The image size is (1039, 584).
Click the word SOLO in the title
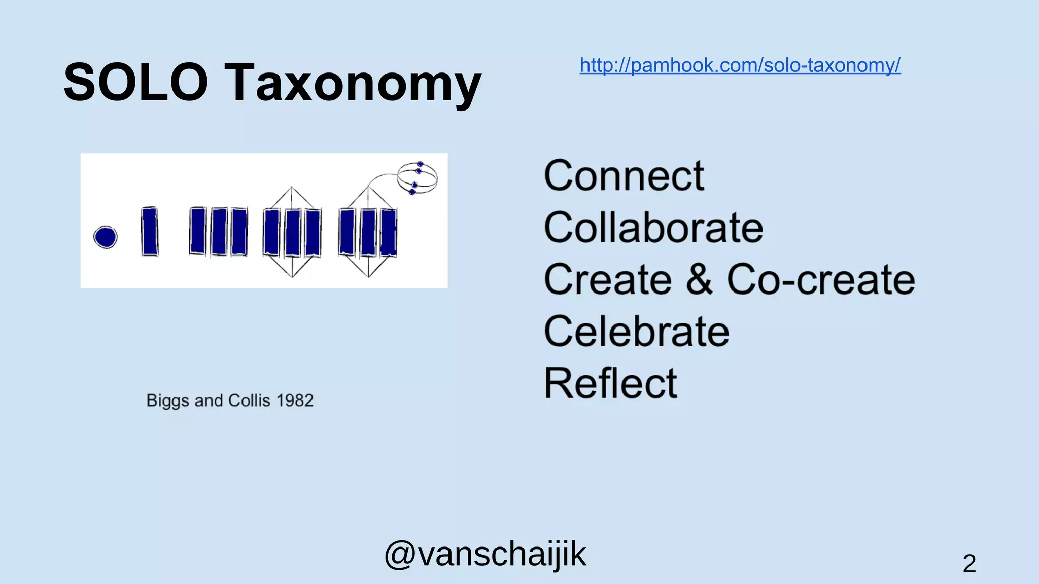(x=135, y=82)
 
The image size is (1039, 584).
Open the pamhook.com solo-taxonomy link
(x=740, y=65)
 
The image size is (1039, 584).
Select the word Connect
(x=624, y=176)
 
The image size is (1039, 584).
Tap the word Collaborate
(x=653, y=228)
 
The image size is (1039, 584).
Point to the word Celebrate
(x=636, y=332)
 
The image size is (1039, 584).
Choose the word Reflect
(x=610, y=383)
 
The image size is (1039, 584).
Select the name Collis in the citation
(x=249, y=400)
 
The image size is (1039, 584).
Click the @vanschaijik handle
(x=485, y=554)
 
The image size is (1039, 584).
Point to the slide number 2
(x=969, y=564)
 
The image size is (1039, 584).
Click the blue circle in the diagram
(x=106, y=237)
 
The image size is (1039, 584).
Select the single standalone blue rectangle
(x=150, y=231)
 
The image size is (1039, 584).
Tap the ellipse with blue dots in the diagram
(x=417, y=178)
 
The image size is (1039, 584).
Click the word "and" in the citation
(x=209, y=400)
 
